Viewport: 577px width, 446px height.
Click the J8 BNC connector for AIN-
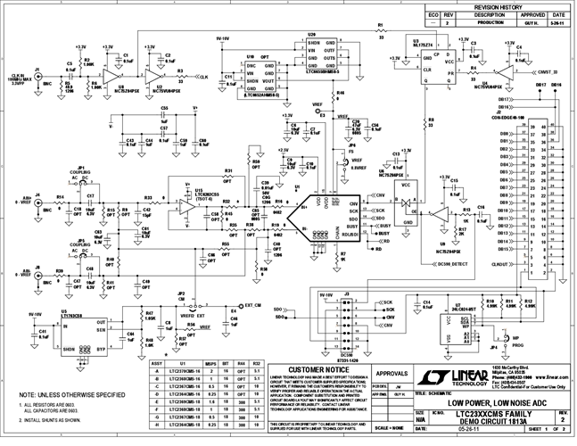click(x=37, y=279)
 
